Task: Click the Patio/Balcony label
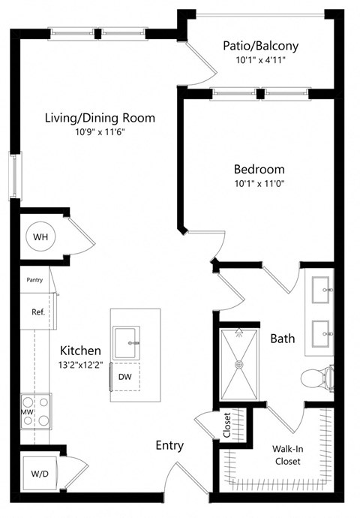coord(260,46)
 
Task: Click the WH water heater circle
coord(40,236)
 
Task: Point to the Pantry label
coord(34,280)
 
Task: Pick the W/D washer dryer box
coord(38,474)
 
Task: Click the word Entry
coord(169,445)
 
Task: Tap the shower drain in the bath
coord(240,365)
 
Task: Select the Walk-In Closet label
coord(287,455)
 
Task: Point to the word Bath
coord(283,339)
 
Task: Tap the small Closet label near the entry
coord(227,425)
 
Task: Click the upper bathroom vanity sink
coord(325,288)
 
